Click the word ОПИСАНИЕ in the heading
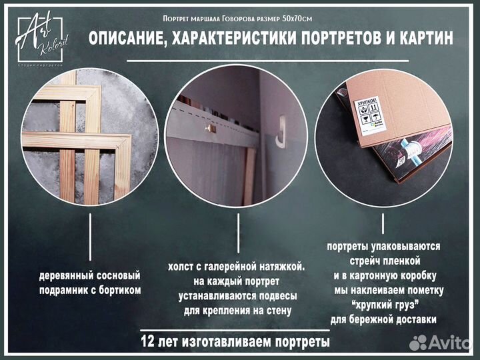125,39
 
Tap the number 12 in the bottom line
149,342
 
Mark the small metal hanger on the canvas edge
209,127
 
